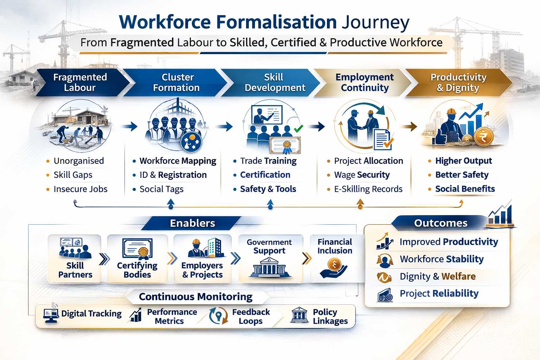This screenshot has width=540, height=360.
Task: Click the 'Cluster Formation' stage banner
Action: click(x=176, y=83)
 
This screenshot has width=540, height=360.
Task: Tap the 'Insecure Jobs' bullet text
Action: click(x=81, y=189)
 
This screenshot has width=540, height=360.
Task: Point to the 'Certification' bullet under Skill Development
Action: click(x=265, y=175)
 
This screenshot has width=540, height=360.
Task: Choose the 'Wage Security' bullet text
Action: click(x=362, y=175)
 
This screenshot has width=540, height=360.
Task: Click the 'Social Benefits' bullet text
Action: click(x=465, y=189)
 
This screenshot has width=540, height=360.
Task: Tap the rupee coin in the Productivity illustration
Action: click(x=484, y=136)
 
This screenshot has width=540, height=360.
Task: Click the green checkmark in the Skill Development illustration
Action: click(x=298, y=129)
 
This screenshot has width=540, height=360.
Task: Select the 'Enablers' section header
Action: click(x=192, y=223)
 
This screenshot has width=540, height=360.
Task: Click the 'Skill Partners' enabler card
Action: click(x=75, y=259)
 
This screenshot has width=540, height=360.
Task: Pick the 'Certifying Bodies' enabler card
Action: click(x=137, y=259)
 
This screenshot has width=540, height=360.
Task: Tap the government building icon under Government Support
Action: click(x=270, y=267)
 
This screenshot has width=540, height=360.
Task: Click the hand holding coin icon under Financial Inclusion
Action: click(x=333, y=268)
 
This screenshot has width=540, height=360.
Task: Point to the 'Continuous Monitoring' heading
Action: click(x=195, y=297)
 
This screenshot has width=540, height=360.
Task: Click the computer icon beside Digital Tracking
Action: click(x=51, y=315)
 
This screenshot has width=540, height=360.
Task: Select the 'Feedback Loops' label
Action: click(x=251, y=316)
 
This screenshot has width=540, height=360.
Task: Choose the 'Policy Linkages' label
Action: click(x=330, y=316)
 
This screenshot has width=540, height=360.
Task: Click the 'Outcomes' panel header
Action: click(x=441, y=223)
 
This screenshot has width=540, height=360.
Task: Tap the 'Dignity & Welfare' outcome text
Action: click(x=437, y=276)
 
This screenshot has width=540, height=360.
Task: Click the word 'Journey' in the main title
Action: click(x=375, y=22)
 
